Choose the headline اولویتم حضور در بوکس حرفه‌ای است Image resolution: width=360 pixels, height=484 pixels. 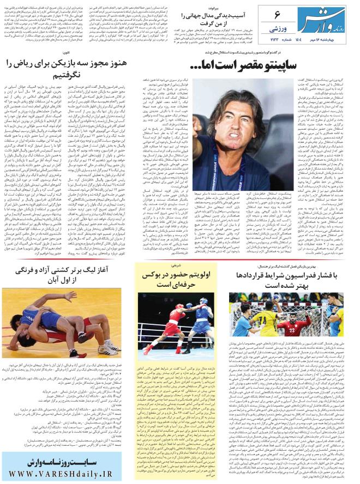177,280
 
